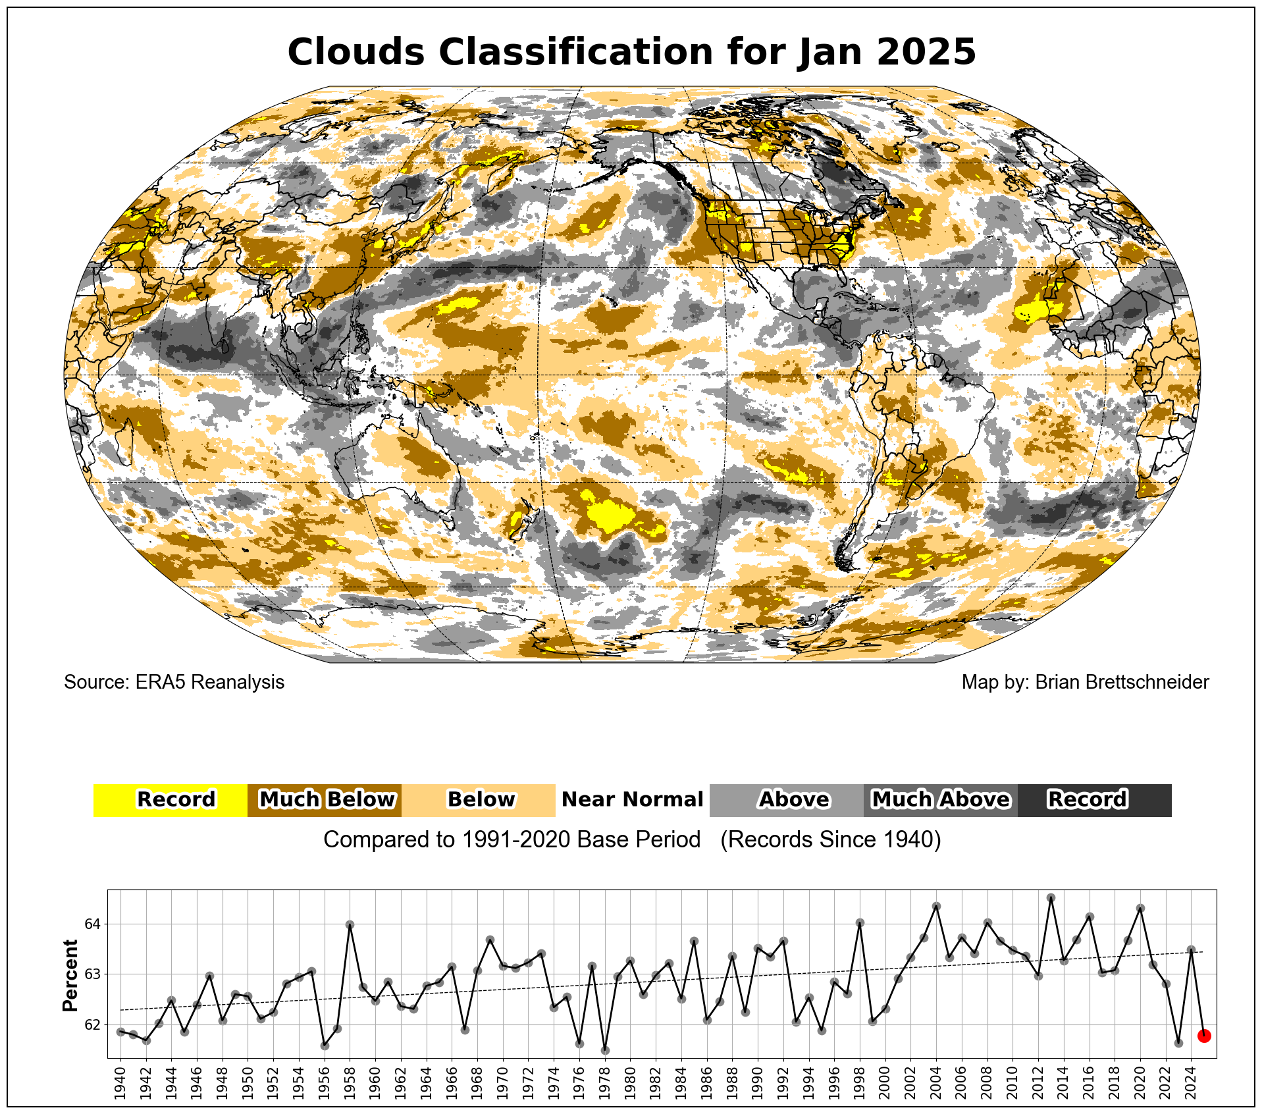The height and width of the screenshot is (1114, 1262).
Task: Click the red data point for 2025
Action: (1204, 1036)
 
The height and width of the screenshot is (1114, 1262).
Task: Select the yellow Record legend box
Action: (171, 800)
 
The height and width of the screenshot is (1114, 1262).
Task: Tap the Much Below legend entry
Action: (325, 800)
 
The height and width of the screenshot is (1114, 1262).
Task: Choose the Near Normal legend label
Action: (632, 800)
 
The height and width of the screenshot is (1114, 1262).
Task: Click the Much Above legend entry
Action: (940, 800)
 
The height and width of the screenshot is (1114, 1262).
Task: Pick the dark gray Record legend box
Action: (1094, 800)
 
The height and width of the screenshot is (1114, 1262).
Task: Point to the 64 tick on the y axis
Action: (92, 924)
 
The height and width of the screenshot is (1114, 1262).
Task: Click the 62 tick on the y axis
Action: (92, 1025)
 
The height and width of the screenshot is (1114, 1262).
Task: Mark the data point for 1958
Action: (350, 924)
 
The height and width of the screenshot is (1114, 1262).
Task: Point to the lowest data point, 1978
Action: (605, 1050)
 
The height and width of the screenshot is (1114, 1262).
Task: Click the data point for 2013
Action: (1051, 898)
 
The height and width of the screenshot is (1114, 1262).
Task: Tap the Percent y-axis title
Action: (70, 976)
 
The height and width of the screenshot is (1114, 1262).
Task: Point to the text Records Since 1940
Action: (830, 840)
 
